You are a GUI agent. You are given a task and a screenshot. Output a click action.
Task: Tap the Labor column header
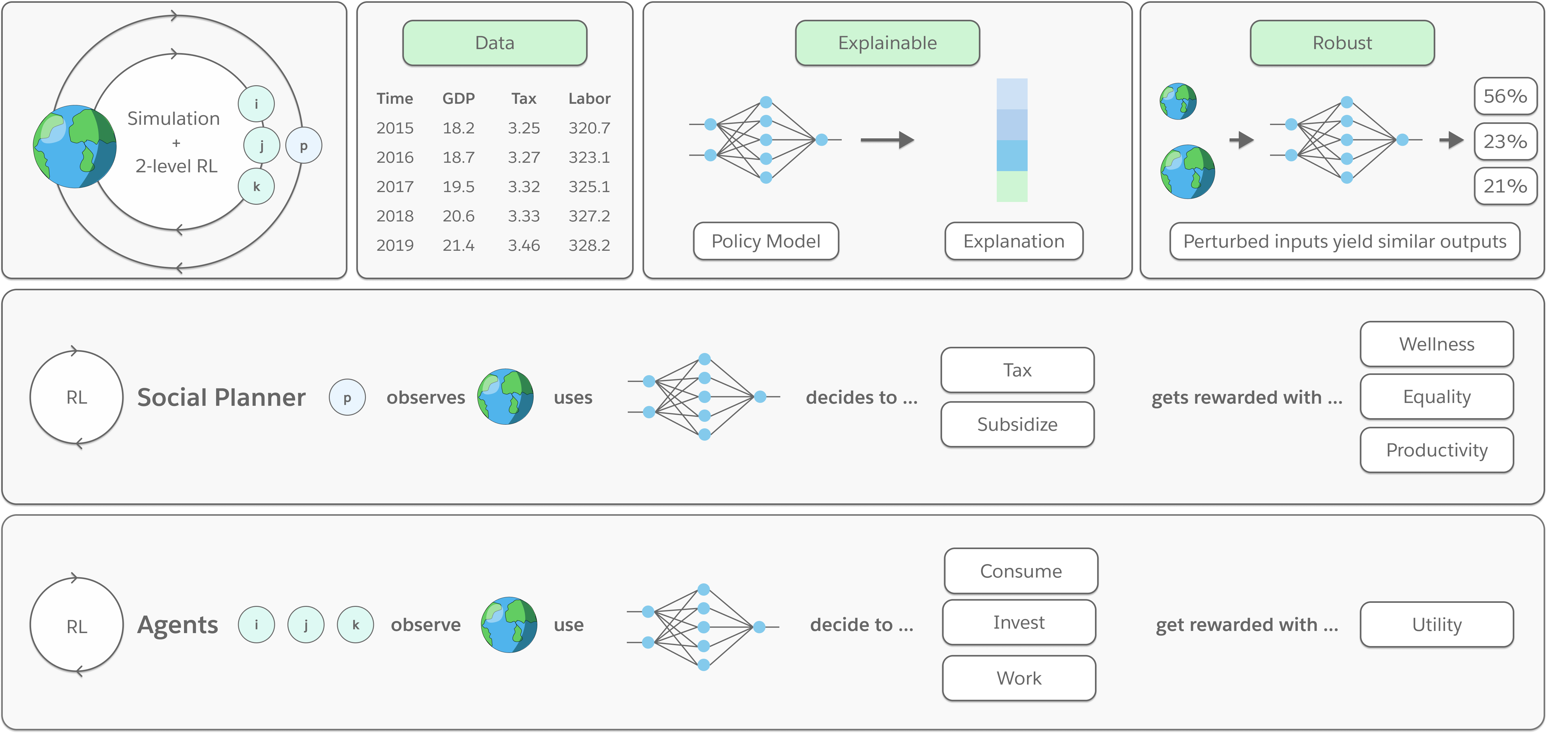[x=589, y=99]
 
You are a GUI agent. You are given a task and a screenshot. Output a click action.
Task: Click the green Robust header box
[x=1342, y=43]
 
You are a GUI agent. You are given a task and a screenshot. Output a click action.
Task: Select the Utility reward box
[x=1436, y=624]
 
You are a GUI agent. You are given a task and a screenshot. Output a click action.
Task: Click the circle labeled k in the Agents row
[x=355, y=624]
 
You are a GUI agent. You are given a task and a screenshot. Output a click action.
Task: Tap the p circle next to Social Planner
[x=347, y=397]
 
